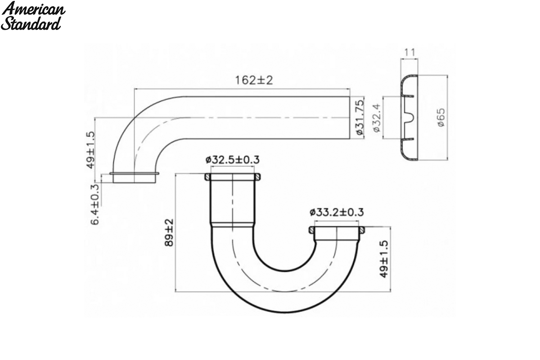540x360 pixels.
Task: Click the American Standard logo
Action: click(x=33, y=16)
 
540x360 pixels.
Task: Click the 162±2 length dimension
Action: click(x=254, y=80)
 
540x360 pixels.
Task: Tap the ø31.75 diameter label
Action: click(x=359, y=117)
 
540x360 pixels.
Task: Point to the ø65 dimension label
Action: click(x=441, y=117)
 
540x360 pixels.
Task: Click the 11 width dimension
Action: click(x=409, y=52)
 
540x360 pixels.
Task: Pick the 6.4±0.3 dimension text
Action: click(x=95, y=204)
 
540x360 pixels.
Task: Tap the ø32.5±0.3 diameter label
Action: click(x=233, y=160)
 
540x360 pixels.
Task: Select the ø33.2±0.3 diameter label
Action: click(x=337, y=212)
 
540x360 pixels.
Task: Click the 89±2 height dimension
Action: click(x=169, y=233)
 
